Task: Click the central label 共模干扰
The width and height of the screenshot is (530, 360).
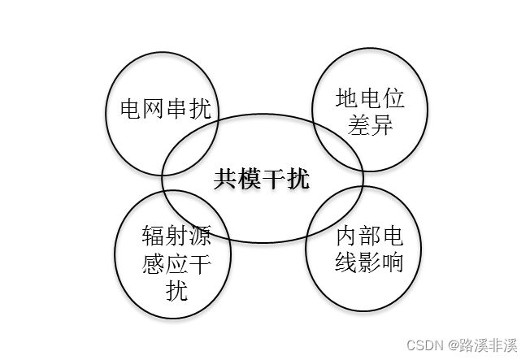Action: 262,179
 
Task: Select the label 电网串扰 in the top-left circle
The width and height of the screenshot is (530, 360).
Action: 164,109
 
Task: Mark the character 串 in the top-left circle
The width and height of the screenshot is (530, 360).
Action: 176,109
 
